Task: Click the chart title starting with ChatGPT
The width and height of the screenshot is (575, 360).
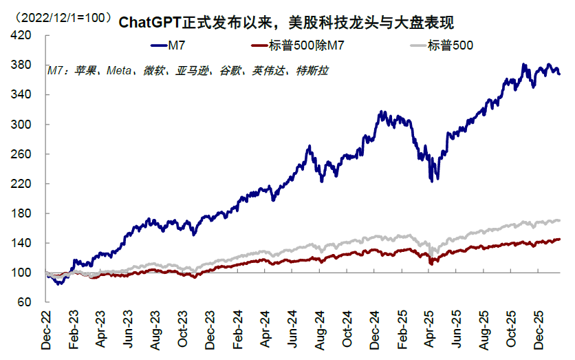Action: [x=286, y=22]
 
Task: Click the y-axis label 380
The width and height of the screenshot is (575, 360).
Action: [x=22, y=65]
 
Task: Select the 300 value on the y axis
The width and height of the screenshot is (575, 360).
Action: [x=22, y=125]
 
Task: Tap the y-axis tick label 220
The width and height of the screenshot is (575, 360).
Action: [x=22, y=184]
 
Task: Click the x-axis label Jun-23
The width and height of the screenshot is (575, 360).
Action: [x=129, y=332]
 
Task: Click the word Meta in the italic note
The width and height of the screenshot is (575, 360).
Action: [x=118, y=70]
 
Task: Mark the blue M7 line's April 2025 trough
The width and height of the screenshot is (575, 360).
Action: [x=431, y=181]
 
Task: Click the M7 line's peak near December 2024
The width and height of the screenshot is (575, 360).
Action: [x=380, y=112]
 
